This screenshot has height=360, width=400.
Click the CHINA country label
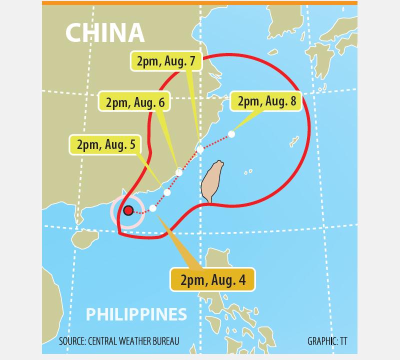[105, 33]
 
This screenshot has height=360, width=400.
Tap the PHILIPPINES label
[136, 314]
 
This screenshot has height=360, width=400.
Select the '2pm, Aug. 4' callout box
[213, 279]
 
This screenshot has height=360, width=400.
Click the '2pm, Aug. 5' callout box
[105, 145]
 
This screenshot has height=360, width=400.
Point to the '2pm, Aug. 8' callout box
[267, 101]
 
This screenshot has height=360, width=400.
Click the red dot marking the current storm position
[128, 210]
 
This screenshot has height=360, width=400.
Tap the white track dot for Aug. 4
[153, 208]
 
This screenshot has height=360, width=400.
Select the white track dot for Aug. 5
[167, 192]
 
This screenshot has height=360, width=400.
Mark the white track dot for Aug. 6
[179, 172]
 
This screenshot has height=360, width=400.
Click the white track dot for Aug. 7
[200, 149]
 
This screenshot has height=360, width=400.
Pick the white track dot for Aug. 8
[231, 134]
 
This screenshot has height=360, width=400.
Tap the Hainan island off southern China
[83, 239]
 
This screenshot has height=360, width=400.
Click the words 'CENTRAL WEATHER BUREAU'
[133, 341]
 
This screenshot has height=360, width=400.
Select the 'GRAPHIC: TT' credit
[327, 341]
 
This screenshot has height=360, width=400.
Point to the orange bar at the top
[199, 3]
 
